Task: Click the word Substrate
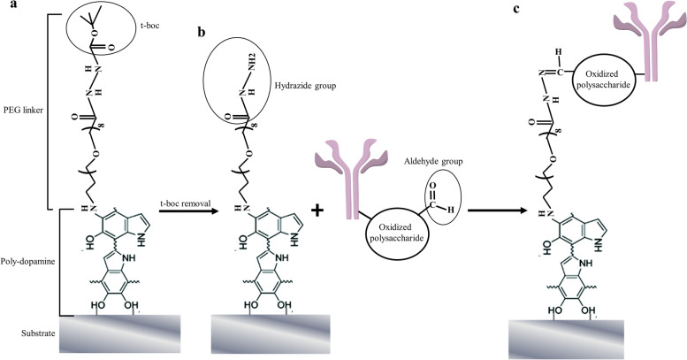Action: [35, 333]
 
